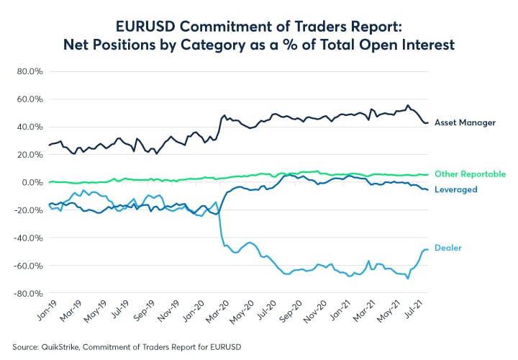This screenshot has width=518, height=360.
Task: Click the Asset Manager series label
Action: click(x=465, y=123)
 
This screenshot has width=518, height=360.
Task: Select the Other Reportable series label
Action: click(x=469, y=174)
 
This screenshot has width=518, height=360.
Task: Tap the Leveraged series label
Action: click(x=455, y=189)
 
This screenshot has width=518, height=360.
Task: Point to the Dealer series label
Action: click(x=447, y=248)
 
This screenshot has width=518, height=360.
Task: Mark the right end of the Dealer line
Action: click(x=429, y=249)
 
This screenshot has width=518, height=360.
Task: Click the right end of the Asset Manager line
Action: click(x=429, y=123)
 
